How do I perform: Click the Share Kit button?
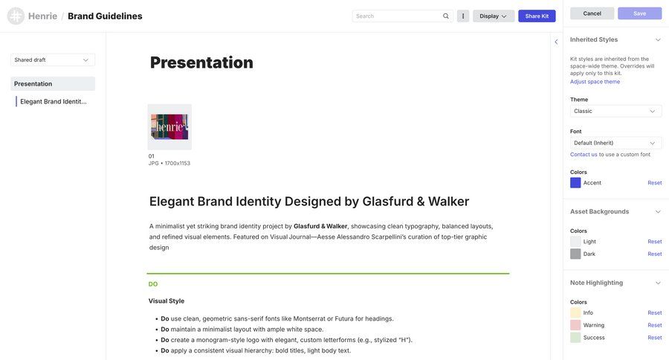click(537, 16)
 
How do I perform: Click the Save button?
click(639, 13)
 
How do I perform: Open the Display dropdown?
click(494, 16)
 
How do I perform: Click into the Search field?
click(398, 16)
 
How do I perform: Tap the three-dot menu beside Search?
click(463, 16)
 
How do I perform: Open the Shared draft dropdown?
click(52, 60)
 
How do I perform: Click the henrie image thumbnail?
click(169, 127)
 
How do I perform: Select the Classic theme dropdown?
click(615, 111)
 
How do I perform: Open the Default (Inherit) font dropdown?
click(615, 143)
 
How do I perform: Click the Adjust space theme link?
click(595, 81)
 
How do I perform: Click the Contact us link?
click(584, 154)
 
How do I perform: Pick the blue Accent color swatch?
click(575, 182)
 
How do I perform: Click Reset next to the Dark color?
click(654, 254)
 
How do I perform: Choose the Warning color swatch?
click(575, 325)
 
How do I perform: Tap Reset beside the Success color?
click(654, 337)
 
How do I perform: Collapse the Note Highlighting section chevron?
click(658, 283)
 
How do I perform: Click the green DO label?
click(153, 284)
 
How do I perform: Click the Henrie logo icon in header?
click(16, 16)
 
